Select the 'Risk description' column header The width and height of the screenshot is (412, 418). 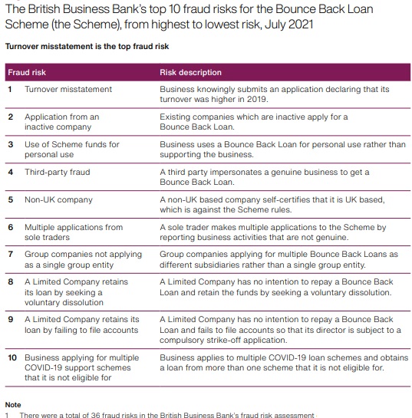pyautogui.click(x=190, y=73)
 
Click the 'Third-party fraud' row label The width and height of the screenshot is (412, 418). pyautogui.click(x=57, y=173)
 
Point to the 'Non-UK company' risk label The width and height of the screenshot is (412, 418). pyautogui.click(x=58, y=200)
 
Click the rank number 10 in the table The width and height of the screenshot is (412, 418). pyautogui.click(x=12, y=358)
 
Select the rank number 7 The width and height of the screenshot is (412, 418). pyautogui.click(x=10, y=254)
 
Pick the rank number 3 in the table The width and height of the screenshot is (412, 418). pyautogui.click(x=10, y=145)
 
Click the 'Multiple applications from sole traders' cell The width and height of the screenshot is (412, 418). pyautogui.click(x=73, y=232)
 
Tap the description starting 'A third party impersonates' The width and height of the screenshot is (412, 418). pyautogui.click(x=264, y=177)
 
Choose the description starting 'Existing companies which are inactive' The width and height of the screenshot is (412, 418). pyautogui.click(x=253, y=122)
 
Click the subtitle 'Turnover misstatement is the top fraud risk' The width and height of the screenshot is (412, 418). pyautogui.click(x=87, y=47)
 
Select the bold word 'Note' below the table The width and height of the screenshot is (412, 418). pyautogui.click(x=13, y=404)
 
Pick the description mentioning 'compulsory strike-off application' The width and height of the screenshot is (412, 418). pyautogui.click(x=280, y=331)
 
